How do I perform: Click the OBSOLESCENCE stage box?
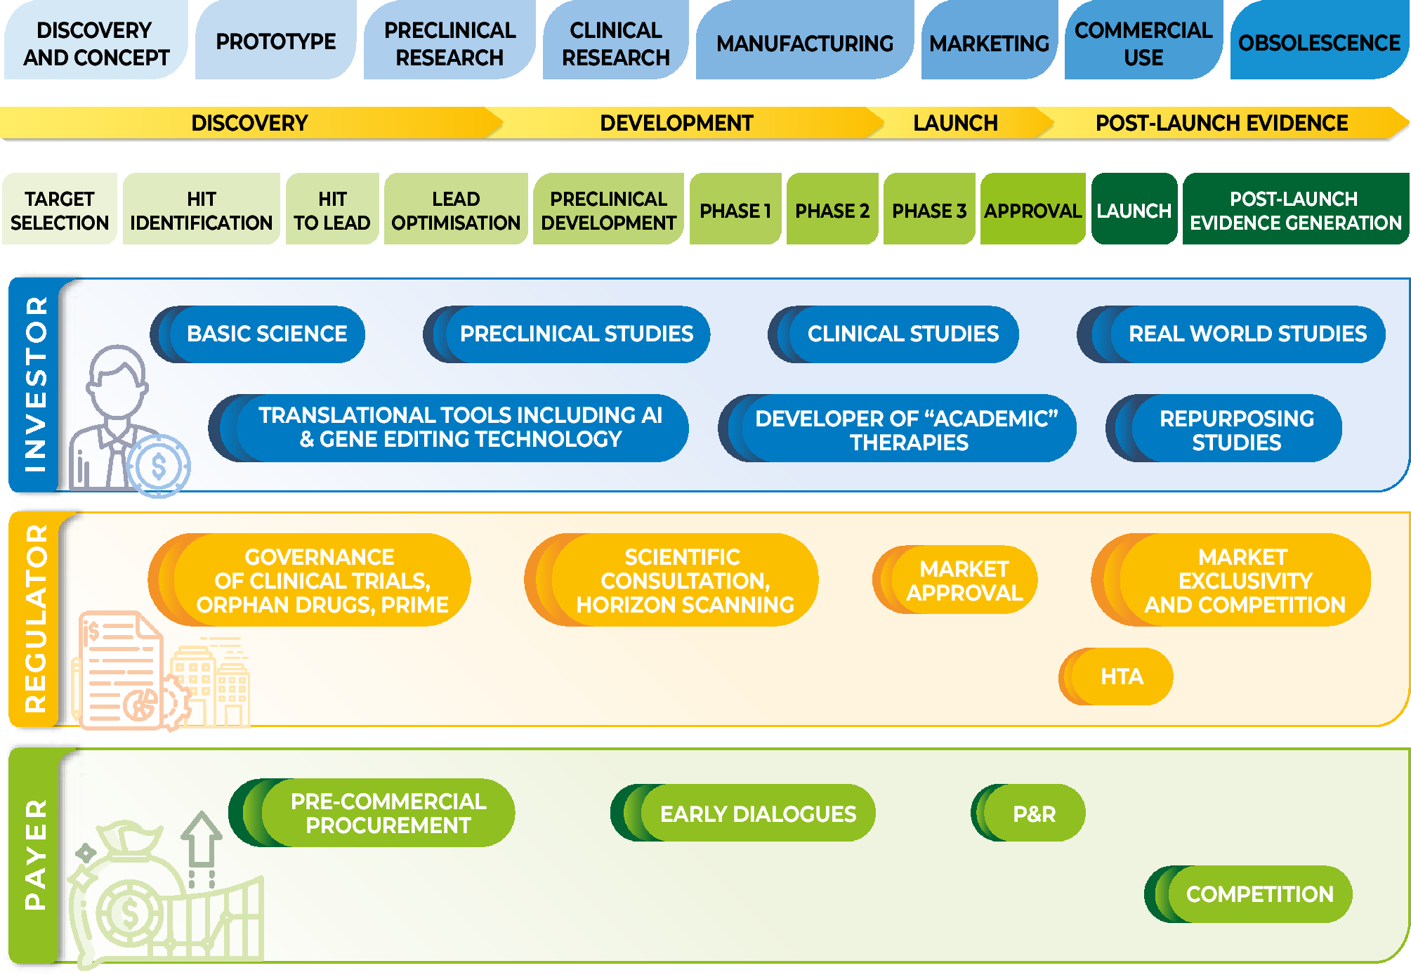[x=1318, y=42]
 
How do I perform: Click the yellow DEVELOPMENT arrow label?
[x=676, y=123]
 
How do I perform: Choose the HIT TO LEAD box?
[x=332, y=210]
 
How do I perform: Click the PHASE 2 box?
[x=832, y=210]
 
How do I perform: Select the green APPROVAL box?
[x=1032, y=210]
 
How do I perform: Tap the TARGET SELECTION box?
[x=60, y=210]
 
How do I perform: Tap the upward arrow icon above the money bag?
[x=202, y=840]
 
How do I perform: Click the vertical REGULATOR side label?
[x=35, y=618]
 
